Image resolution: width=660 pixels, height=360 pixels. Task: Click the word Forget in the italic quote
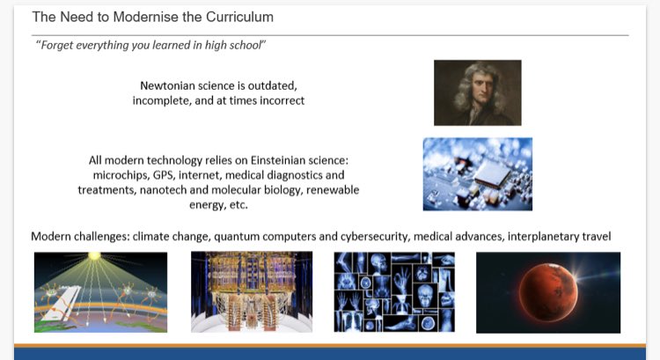click(55, 47)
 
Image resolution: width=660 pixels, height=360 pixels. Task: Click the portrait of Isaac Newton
click(477, 92)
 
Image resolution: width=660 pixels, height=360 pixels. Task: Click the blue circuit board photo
click(477, 173)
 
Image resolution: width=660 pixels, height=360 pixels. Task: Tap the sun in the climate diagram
click(93, 256)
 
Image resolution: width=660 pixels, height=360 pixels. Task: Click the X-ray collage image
click(394, 292)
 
